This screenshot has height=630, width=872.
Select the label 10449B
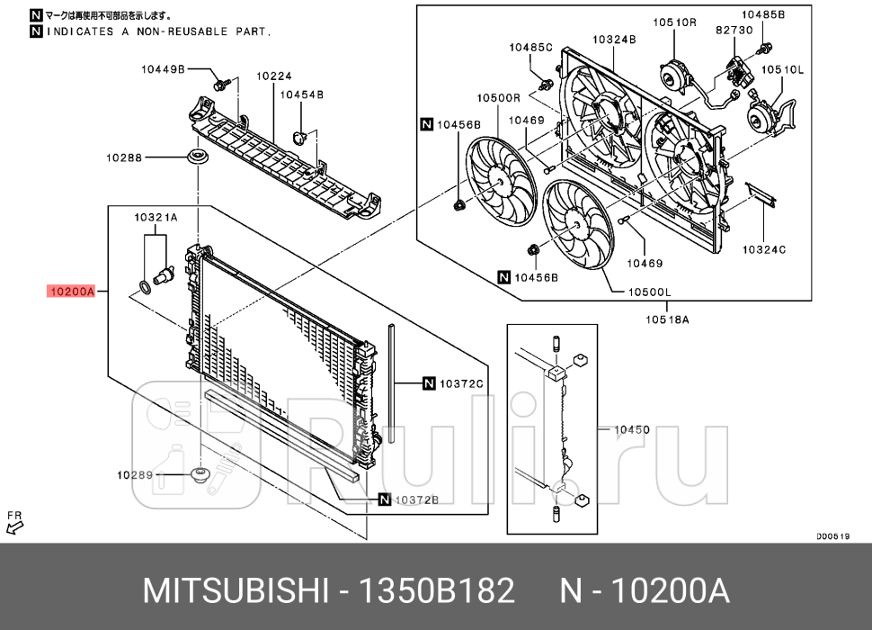tap(163, 68)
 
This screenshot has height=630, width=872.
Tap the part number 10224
tap(274, 77)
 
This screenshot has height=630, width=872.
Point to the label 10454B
tap(301, 94)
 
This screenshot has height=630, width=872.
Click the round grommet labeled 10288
tap(195, 158)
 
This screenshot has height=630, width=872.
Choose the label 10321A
tap(156, 217)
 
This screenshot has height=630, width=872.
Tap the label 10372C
tap(461, 384)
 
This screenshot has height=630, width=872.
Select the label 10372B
tap(416, 499)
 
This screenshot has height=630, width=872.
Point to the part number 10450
tap(631, 429)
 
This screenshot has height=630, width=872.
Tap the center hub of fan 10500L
tap(577, 226)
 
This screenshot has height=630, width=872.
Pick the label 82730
tap(734, 30)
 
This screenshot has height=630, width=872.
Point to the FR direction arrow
tap(14, 521)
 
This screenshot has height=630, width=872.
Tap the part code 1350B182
tap(437, 591)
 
